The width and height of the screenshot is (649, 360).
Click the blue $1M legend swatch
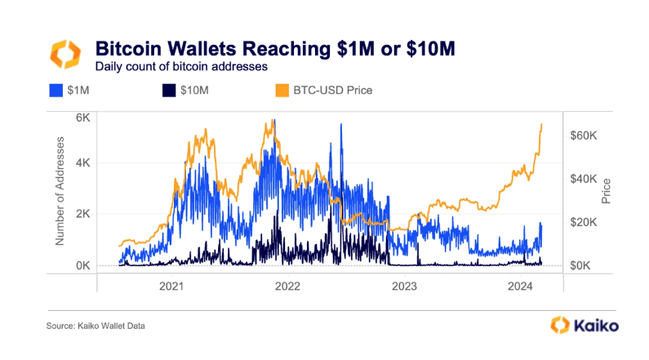(x=57, y=90)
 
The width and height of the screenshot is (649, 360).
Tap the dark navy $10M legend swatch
(x=169, y=90)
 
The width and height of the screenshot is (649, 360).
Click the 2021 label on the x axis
(x=171, y=287)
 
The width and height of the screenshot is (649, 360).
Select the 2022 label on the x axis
(x=287, y=287)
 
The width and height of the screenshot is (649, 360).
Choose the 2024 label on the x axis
(x=520, y=287)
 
